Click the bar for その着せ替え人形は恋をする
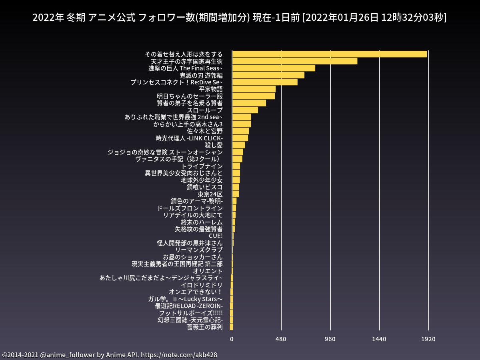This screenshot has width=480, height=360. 329,54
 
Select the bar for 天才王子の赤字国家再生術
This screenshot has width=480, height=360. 294,61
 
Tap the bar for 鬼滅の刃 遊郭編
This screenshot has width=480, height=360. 268,75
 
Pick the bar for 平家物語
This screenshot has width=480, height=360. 254,89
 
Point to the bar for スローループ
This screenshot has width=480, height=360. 245,110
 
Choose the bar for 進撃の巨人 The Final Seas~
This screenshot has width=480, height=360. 274,68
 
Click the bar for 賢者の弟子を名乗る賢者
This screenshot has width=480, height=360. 249,103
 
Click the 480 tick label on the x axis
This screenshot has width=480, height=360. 281,339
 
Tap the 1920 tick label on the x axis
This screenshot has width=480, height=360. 428,339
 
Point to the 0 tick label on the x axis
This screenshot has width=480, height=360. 232,339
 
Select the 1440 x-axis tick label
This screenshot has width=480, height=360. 379,339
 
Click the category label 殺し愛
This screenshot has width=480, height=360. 214,145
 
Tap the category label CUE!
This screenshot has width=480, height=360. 216,236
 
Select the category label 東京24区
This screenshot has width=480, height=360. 210,194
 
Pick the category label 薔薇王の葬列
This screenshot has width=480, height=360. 204,327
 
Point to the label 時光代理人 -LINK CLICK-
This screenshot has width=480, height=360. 189,138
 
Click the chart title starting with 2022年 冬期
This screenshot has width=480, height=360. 240,18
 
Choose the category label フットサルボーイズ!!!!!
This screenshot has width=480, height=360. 190,313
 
